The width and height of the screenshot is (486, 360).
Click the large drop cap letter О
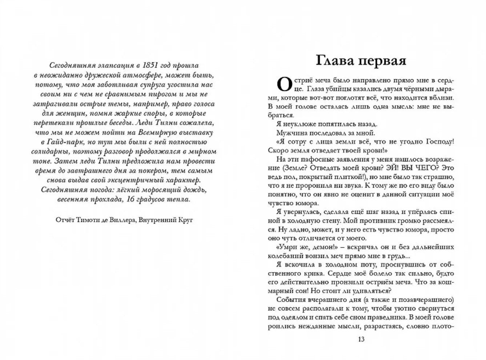[284, 84]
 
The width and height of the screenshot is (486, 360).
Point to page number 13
[361, 340]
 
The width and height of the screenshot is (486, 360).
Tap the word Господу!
[437, 142]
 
